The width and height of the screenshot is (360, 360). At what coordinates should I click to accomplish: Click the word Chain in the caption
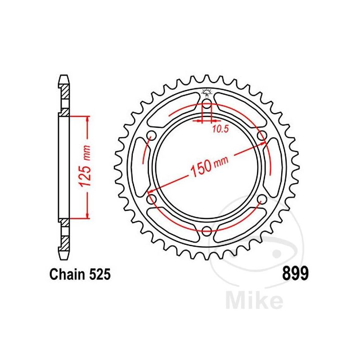click(67, 274)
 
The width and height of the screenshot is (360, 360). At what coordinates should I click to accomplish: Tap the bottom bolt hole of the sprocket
click(207, 231)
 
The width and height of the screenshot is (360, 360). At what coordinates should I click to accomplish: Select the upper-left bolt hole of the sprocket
click(151, 136)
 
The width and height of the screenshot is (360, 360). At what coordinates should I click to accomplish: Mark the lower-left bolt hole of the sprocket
click(151, 198)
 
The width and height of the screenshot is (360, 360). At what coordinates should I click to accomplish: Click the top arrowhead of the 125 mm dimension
click(87, 118)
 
